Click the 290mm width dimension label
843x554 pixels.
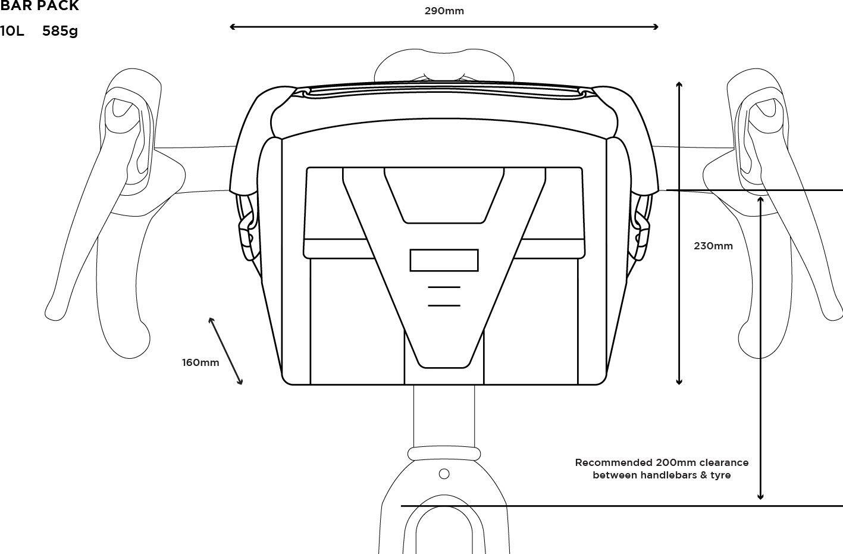444,11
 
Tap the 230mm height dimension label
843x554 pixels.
713,246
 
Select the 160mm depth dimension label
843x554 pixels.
200,363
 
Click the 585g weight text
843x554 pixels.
60,31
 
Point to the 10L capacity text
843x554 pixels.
12,31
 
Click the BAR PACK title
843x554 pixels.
39,5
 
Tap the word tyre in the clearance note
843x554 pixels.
720,475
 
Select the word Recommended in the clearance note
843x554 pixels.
614,462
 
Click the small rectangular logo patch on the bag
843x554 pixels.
444,260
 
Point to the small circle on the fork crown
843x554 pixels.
444,474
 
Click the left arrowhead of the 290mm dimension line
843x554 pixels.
232,27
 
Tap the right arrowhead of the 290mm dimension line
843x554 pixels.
656,27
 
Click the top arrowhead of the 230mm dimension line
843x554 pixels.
679,84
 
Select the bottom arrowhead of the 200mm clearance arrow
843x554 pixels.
760,497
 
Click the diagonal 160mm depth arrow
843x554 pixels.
225,351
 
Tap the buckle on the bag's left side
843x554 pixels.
246,236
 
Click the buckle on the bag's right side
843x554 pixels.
641,236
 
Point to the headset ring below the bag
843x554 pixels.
444,453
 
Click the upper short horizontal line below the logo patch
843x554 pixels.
444,287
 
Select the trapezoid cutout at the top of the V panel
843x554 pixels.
444,196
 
